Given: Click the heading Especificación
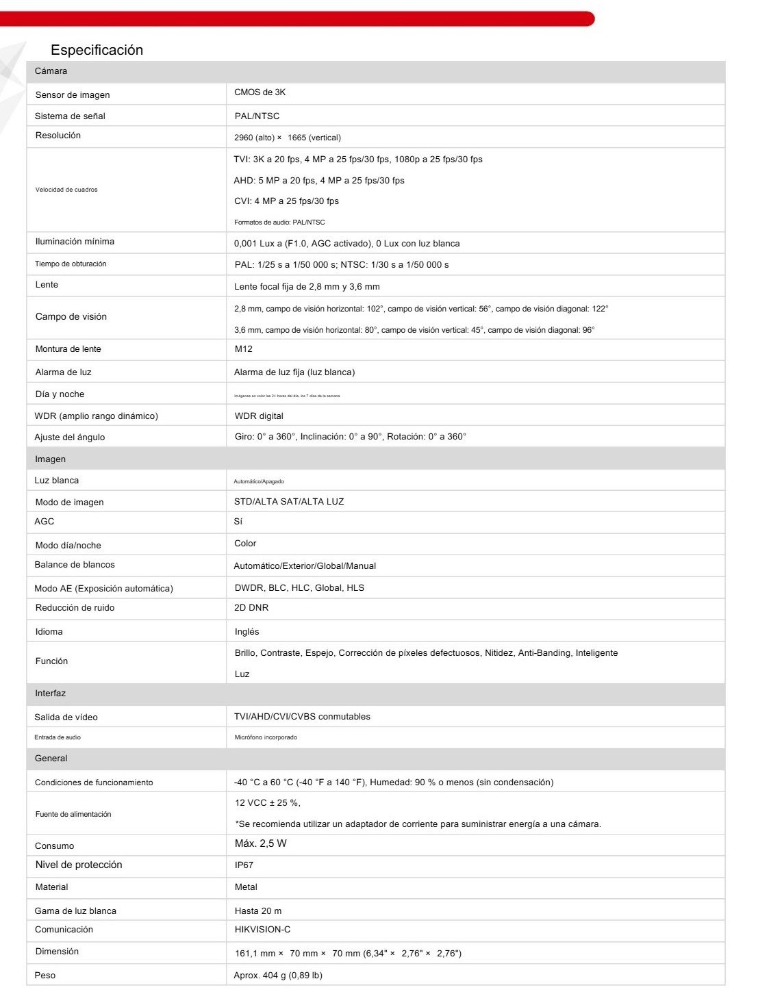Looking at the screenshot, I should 97,50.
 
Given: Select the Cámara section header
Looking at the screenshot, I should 51,71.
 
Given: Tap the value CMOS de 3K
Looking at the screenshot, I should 260,92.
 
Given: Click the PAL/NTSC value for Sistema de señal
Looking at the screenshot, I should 257,116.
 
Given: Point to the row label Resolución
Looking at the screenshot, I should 58,136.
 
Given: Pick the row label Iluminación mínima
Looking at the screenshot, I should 75,242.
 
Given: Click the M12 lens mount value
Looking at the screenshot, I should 244,349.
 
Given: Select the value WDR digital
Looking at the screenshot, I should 259,416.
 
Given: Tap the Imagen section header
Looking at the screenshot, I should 51,459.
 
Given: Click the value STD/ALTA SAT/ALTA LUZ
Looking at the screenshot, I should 289,502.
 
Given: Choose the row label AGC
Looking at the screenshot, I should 45,522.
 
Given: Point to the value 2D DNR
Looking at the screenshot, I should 251,608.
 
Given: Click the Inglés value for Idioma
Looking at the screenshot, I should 247,632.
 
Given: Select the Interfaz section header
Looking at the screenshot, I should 51,694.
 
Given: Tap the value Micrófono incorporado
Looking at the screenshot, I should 266,737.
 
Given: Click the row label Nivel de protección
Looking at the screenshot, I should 79,865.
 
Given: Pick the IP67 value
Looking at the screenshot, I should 244,865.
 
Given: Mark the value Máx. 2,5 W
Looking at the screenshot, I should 261,843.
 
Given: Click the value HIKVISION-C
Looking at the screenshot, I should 262,930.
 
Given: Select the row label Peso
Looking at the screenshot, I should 45,976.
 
